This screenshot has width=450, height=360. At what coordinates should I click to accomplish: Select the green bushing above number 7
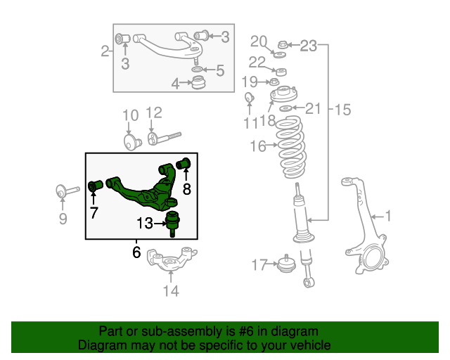pos(96,186)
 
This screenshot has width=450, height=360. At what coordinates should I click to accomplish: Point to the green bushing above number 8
pos(186,164)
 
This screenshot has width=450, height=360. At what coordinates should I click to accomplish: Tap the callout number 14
pos(171,290)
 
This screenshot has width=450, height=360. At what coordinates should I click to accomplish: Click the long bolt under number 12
pos(165,136)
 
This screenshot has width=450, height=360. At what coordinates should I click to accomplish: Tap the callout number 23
pos(309,46)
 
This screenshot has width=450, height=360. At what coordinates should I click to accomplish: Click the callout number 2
pos(105,51)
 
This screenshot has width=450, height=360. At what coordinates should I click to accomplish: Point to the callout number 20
pos(259,40)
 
